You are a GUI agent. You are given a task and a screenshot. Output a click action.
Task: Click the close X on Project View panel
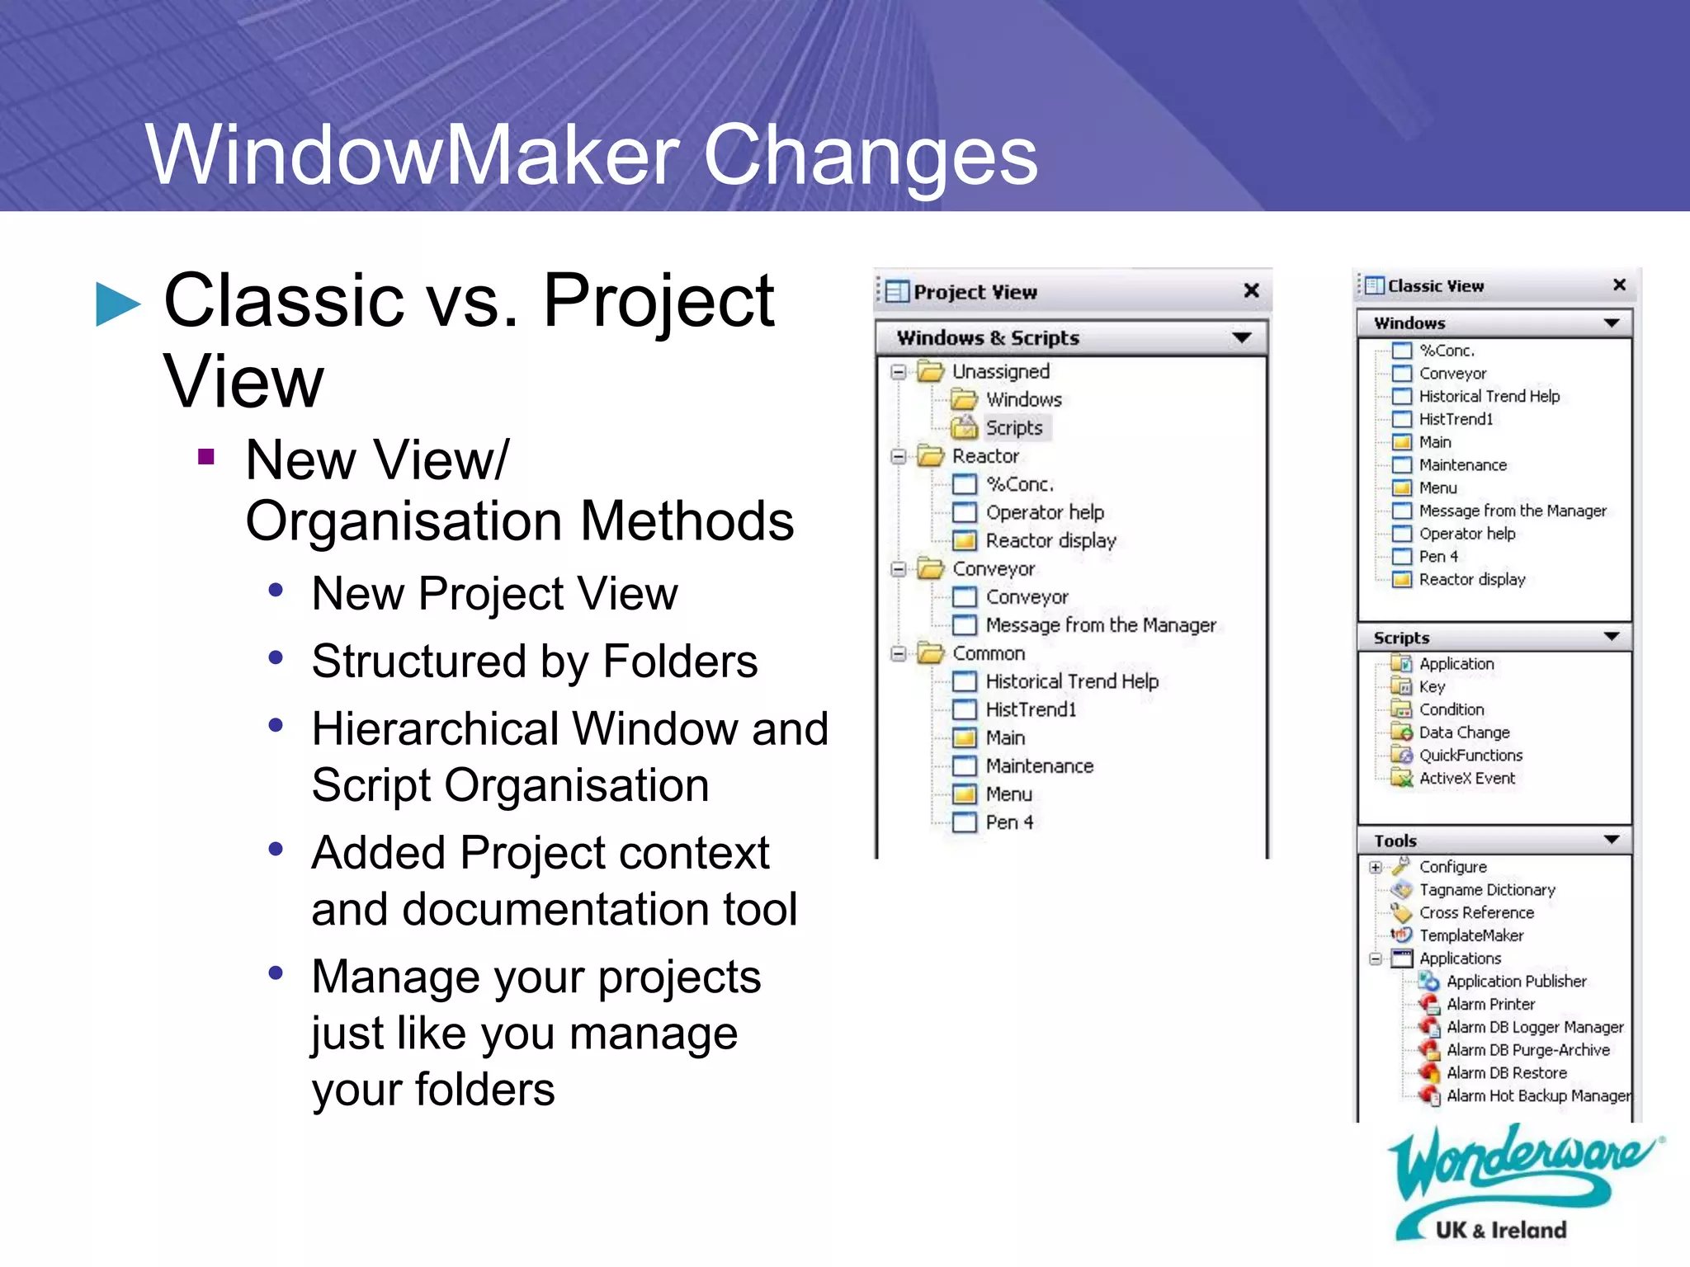(x=1251, y=290)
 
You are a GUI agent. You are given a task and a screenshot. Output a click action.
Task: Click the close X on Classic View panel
(x=1619, y=285)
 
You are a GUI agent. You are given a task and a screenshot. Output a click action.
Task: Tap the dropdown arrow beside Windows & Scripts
(x=1241, y=337)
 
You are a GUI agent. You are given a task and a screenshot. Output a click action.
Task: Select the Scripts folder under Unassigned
(x=1013, y=427)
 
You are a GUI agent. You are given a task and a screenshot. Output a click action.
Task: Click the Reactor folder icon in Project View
(x=931, y=455)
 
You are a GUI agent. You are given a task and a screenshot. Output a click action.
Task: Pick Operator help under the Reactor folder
(x=1044, y=512)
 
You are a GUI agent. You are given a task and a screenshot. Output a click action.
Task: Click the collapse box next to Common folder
(x=899, y=653)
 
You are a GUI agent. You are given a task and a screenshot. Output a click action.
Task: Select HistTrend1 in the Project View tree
(x=1030, y=709)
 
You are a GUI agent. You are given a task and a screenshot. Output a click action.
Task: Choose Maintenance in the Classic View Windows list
(x=1462, y=465)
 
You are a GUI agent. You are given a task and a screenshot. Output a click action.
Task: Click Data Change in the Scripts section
(x=1464, y=732)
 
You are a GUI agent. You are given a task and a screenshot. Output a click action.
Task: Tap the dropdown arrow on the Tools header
(x=1611, y=840)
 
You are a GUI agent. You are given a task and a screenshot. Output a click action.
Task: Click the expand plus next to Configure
(x=1375, y=867)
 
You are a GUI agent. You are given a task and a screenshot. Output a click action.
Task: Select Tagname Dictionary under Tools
(x=1486, y=890)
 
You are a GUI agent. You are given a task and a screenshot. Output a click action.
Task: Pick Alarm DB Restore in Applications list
(x=1506, y=1073)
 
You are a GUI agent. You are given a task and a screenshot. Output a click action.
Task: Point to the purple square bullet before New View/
(x=206, y=456)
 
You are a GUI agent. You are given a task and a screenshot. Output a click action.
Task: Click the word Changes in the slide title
(x=870, y=155)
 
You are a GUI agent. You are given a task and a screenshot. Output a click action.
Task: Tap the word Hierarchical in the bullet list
(x=436, y=729)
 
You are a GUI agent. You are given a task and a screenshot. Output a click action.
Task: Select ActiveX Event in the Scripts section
(x=1466, y=778)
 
